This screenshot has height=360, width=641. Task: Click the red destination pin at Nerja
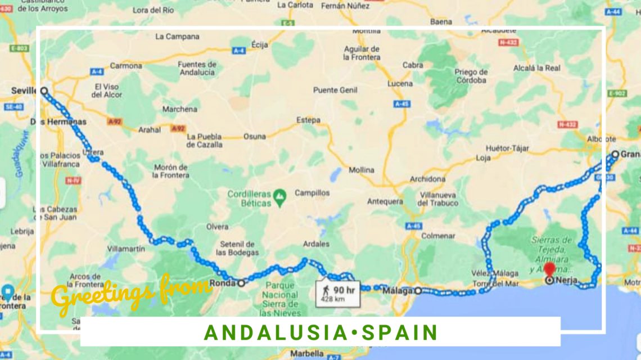549,269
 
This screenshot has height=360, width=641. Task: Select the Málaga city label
398,291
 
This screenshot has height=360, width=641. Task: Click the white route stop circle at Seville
44,91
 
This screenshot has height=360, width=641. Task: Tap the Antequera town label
385,201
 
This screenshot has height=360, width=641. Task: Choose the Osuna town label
254,137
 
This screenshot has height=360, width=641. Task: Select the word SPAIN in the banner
400,332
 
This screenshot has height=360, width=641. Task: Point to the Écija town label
260,44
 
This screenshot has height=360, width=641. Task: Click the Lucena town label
399,84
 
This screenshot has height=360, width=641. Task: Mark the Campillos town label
313,193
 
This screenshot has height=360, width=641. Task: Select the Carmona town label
126,66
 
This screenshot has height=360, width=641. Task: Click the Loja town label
483,158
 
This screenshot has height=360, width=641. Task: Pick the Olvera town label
217,227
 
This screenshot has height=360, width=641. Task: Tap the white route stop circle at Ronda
241,283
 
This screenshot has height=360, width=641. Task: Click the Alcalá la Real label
536,68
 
